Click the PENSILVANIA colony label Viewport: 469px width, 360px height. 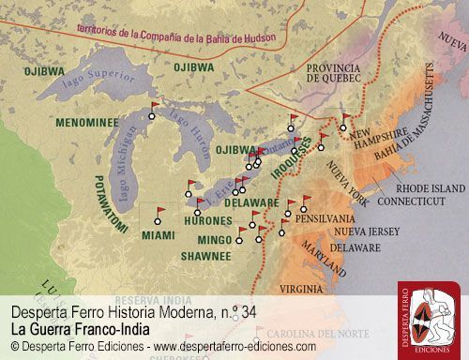coord(325,217)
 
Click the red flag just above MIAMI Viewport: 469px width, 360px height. coord(159,212)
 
